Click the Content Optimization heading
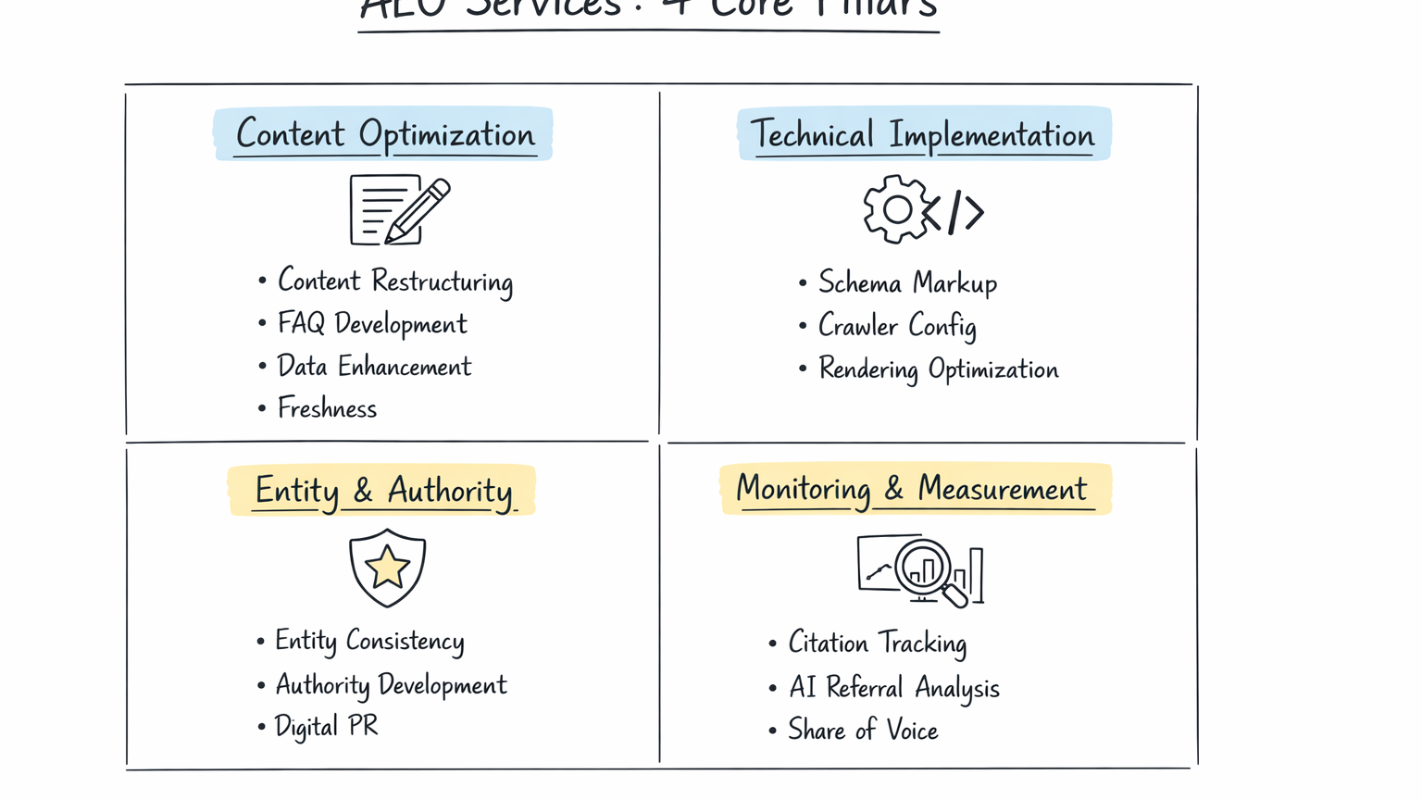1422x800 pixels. pyautogui.click(x=385, y=134)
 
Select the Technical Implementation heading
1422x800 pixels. pyautogui.click(x=923, y=135)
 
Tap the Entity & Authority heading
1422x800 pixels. pyautogui.click(x=383, y=490)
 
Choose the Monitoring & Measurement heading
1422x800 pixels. pyautogui.click(x=913, y=488)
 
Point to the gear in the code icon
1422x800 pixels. pyautogui.click(x=896, y=210)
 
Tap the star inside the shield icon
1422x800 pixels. pyautogui.click(x=387, y=567)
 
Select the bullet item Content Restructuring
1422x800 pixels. pyautogui.click(x=395, y=281)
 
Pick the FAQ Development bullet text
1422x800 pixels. pyautogui.click(x=372, y=324)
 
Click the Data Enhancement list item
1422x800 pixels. pyautogui.click(x=374, y=367)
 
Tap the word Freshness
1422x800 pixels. pyautogui.click(x=327, y=408)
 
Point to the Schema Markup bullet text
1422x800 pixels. pyautogui.click(x=907, y=283)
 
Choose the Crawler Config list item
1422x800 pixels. pyautogui.click(x=897, y=326)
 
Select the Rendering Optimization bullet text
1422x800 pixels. pyautogui.click(x=938, y=369)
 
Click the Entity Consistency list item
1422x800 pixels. pyautogui.click(x=369, y=641)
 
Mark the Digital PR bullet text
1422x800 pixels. pyautogui.click(x=326, y=727)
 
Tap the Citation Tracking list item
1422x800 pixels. pyautogui.click(x=877, y=643)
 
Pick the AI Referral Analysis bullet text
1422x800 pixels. pyautogui.click(x=893, y=688)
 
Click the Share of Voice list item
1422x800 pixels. pyautogui.click(x=863, y=731)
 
